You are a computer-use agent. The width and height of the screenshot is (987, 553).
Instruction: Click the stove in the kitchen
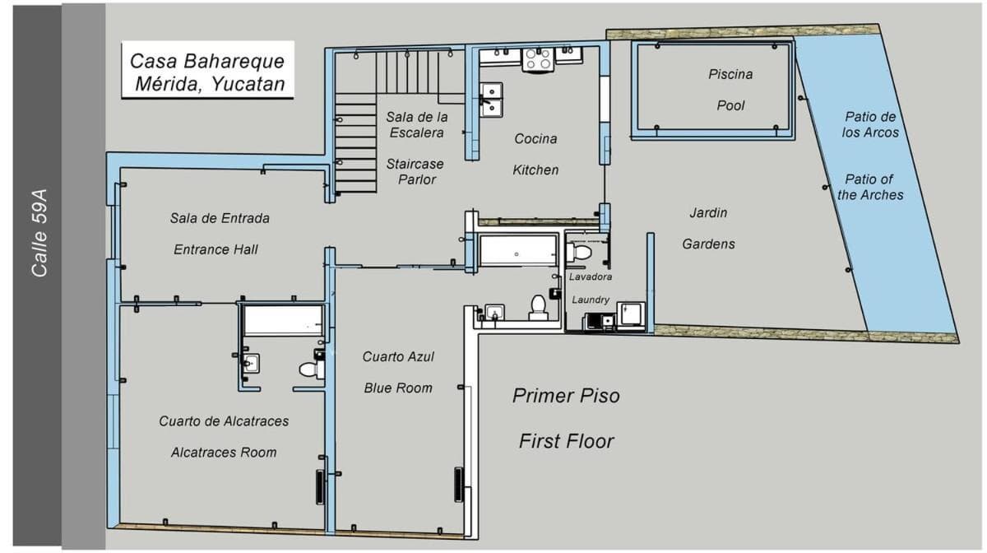click(x=538, y=59)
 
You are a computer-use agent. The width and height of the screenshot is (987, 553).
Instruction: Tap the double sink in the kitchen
click(x=491, y=100)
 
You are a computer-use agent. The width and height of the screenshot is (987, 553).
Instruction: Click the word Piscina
click(x=730, y=74)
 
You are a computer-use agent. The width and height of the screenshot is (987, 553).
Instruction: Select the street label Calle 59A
click(x=39, y=233)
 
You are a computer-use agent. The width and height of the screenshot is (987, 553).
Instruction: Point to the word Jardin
click(x=708, y=212)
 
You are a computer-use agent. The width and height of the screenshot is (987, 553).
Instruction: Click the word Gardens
click(x=708, y=244)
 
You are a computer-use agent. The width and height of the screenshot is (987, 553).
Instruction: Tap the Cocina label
click(x=535, y=138)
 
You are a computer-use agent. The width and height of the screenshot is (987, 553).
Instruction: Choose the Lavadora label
click(x=590, y=276)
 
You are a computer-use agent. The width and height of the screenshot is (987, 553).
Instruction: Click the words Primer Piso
click(x=566, y=396)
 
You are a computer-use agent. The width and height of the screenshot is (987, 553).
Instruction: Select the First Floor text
click(x=566, y=441)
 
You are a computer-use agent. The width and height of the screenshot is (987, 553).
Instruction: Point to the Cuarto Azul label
click(x=398, y=356)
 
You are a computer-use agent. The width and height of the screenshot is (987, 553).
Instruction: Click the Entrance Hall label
click(x=215, y=249)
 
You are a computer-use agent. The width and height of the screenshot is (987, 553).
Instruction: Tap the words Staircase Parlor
click(x=415, y=171)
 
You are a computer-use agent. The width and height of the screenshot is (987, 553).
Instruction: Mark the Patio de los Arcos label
click(x=870, y=124)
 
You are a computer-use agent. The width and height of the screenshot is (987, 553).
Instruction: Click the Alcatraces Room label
click(x=224, y=452)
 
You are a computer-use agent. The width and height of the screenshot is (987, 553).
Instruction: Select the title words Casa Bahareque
click(x=207, y=61)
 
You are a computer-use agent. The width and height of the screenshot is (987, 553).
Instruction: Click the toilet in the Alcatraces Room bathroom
click(x=312, y=369)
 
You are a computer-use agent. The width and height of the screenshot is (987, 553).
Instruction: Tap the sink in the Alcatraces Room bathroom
click(x=251, y=364)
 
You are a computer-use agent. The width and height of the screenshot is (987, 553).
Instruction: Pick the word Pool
click(x=730, y=105)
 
